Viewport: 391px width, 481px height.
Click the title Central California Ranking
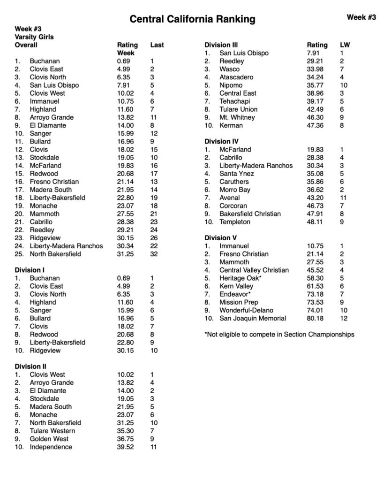192,19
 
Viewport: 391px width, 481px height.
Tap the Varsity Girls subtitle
34,37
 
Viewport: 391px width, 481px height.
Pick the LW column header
345,45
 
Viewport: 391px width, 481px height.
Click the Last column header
157,45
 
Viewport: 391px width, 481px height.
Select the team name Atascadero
236,77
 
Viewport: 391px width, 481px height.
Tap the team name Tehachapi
234,101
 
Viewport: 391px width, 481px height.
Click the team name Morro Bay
235,190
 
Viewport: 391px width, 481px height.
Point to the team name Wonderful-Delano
246,310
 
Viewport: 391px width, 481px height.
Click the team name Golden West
49,439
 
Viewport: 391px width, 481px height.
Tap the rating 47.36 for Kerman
315,125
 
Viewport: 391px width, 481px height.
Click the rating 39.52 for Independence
125,447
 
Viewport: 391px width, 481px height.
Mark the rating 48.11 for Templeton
315,221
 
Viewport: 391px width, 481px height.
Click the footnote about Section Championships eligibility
279,335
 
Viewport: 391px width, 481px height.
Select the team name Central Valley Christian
254,270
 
